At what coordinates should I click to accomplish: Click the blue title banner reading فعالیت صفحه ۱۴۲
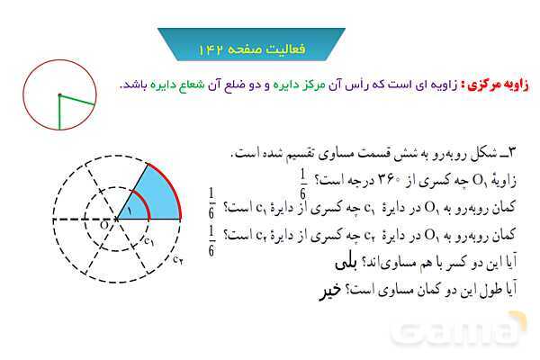pyautogui.click(x=251, y=45)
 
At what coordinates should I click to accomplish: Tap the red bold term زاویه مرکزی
pyautogui.click(x=498, y=85)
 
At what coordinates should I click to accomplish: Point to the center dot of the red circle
pyautogui.click(x=59, y=94)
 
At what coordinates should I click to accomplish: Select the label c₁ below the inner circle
pyautogui.click(x=148, y=241)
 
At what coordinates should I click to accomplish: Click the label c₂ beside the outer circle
pyautogui.click(x=177, y=259)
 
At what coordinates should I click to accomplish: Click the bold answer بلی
pyautogui.click(x=346, y=263)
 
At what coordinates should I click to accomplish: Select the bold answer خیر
pyautogui.click(x=330, y=291)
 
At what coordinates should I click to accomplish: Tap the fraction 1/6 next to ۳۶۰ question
pyautogui.click(x=302, y=184)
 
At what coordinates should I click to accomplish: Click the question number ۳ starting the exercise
pyautogui.click(x=512, y=153)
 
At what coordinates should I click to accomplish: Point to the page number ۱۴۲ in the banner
pyautogui.click(x=211, y=49)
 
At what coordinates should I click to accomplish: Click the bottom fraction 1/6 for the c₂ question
pyautogui.click(x=211, y=241)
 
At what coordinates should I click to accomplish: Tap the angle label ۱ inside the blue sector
pyautogui.click(x=129, y=210)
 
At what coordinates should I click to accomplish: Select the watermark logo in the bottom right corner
pyautogui.click(x=459, y=329)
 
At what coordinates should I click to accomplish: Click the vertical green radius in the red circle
pyautogui.click(x=59, y=112)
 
